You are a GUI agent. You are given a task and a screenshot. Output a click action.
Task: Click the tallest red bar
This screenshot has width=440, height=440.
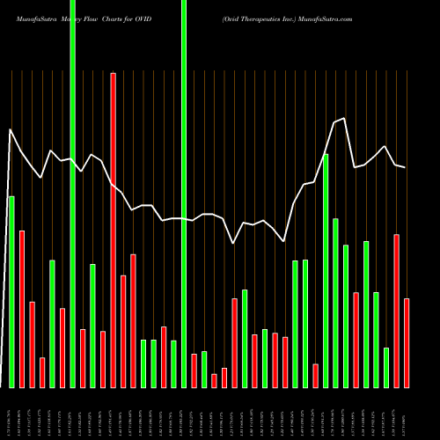coord(113,229)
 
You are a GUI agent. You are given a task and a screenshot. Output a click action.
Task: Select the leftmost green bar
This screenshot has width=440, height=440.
coord(11,290)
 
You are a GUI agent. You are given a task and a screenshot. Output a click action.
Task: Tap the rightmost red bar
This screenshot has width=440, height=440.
coord(407,343)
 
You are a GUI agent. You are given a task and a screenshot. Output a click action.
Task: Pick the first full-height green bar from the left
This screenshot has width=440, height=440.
coord(72,194)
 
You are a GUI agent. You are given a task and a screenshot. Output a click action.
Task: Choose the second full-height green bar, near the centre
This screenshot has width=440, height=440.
coord(184,194)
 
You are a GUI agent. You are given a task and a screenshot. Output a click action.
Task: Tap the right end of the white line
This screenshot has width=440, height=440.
coord(406,167)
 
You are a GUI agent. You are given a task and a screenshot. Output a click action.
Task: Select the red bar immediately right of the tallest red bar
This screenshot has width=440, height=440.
coord(123,331)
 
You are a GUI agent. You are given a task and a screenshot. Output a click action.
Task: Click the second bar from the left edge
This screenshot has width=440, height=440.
coord(22,308)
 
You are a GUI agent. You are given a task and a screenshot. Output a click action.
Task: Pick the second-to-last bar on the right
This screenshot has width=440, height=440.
coord(396,310)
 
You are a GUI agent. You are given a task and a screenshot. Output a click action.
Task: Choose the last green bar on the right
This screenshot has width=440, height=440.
coord(385,367)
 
